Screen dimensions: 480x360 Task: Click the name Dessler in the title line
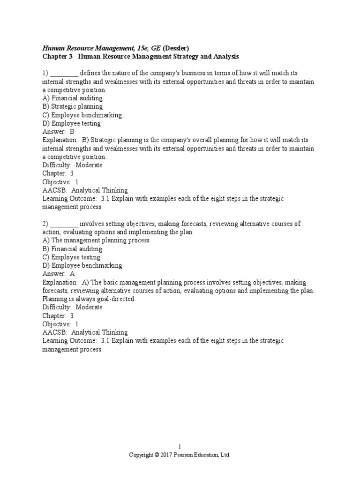(x=177, y=48)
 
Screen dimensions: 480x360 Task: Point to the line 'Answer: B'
(x=58, y=132)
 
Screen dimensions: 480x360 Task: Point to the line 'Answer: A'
(x=58, y=274)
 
